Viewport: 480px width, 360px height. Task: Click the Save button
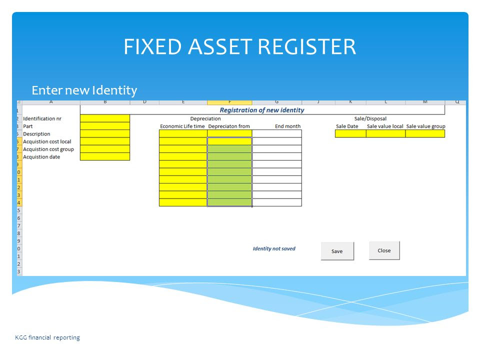coord(337,251)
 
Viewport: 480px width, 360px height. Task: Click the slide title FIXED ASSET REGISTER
coord(239,47)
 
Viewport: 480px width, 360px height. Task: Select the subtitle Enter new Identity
coord(84,90)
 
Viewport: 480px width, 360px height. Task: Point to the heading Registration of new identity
coord(262,110)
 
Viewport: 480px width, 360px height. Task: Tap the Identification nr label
coord(42,118)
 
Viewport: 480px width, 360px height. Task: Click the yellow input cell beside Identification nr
coord(105,118)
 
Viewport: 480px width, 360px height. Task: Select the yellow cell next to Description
coord(105,134)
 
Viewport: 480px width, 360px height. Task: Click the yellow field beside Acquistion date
coord(105,156)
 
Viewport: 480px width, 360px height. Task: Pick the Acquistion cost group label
coord(48,149)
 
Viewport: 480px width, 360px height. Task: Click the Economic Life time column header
coord(182,126)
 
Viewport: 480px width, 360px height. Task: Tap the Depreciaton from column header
coord(229,126)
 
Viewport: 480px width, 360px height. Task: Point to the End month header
coord(288,126)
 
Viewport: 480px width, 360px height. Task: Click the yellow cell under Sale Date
coord(350,133)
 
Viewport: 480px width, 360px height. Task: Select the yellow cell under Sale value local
coord(385,133)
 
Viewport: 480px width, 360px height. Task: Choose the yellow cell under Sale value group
coord(425,133)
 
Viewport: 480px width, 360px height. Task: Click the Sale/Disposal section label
coord(370,118)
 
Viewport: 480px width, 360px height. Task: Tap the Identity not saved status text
coord(274,248)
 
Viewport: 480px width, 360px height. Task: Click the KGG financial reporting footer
coord(47,337)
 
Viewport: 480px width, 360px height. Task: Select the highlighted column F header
coord(229,102)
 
